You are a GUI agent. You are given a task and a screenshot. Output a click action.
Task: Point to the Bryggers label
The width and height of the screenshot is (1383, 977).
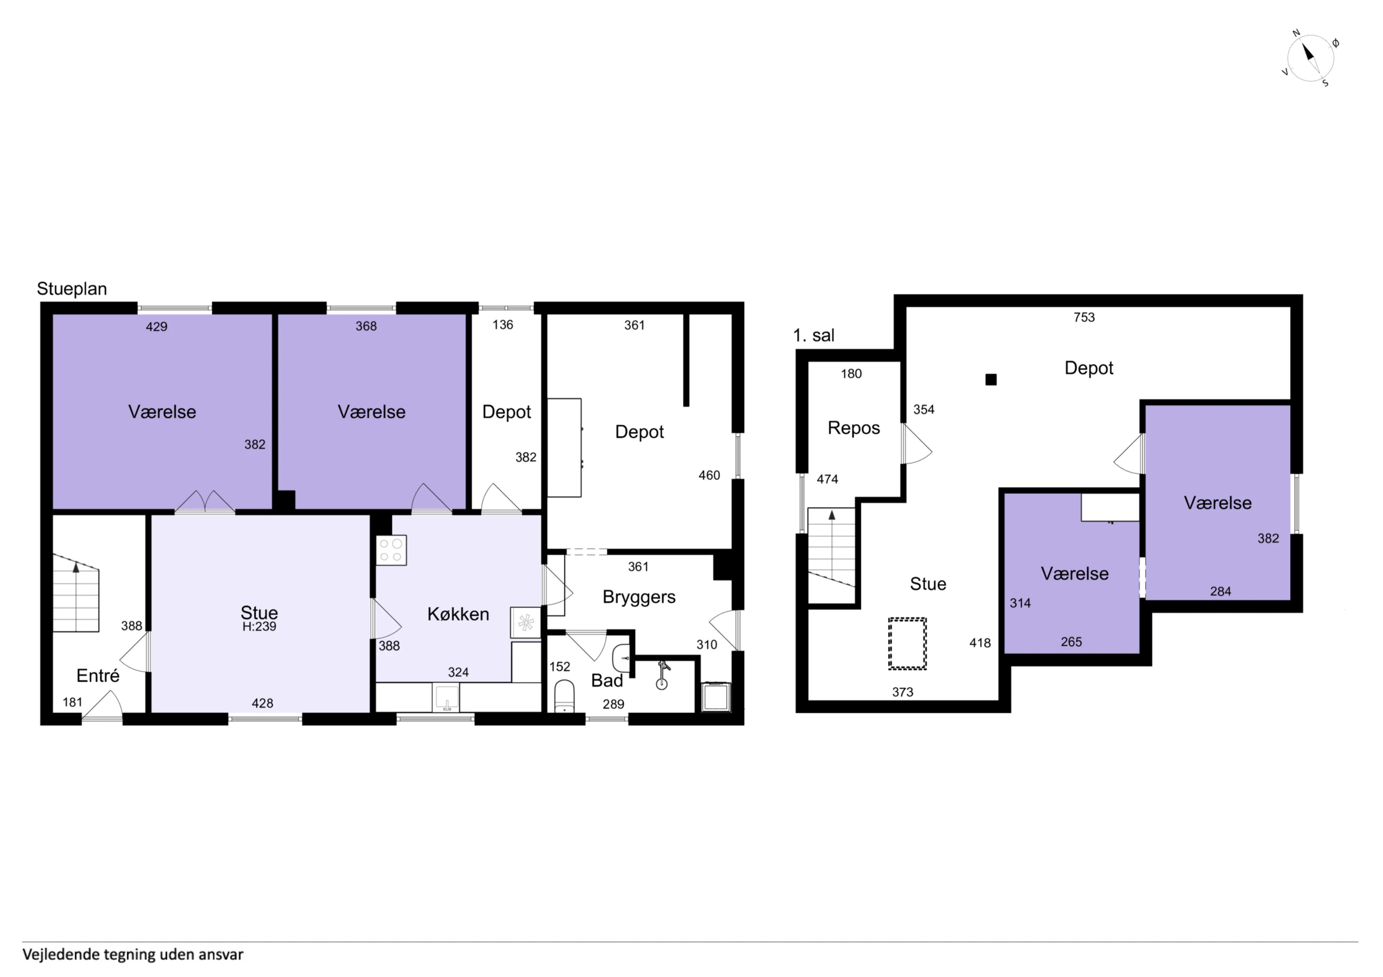click(x=639, y=597)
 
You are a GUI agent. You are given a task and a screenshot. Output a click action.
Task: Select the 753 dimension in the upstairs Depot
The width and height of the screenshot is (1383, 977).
click(x=1084, y=317)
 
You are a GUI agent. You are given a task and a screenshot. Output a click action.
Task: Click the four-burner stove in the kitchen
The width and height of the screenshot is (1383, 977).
click(x=391, y=550)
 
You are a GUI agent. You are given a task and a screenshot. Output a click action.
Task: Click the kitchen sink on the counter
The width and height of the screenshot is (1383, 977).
click(x=446, y=698)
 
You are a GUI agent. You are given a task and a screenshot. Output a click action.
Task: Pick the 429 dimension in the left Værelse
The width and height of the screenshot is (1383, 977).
click(x=157, y=327)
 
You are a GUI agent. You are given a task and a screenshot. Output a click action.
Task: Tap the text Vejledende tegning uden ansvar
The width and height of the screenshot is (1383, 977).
click(x=133, y=955)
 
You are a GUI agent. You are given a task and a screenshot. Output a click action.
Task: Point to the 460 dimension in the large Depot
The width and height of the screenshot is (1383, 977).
click(x=709, y=476)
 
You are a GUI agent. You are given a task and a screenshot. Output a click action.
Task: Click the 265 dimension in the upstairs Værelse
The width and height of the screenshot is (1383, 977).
click(x=1071, y=642)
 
